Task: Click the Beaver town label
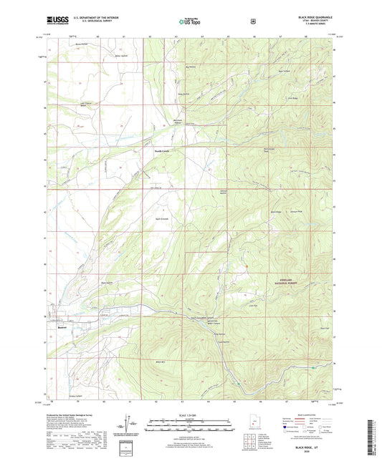tap(62, 329)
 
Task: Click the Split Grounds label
tap(162, 218)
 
